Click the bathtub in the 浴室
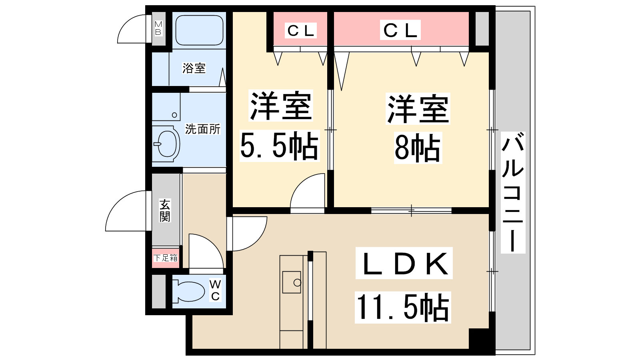(199, 30)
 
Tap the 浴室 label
(194, 68)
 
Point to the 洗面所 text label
(202, 129)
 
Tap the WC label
(215, 290)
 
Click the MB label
(158, 28)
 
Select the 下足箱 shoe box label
(166, 258)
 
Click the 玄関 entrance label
(165, 210)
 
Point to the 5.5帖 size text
(279, 146)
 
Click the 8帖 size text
(418, 148)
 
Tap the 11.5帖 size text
(402, 307)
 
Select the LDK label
(404, 263)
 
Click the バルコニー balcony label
(513, 192)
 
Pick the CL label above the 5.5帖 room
(301, 30)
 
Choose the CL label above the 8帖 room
(400, 30)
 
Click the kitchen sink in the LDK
(292, 282)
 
